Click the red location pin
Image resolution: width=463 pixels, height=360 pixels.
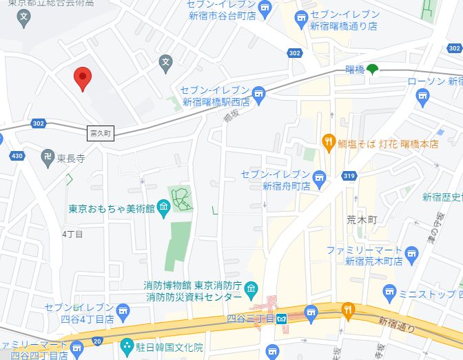(x=83, y=79)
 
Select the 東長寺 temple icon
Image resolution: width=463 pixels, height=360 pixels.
(x=48, y=157)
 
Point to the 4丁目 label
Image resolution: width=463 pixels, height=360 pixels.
(x=72, y=234)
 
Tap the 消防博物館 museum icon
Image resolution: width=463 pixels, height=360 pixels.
(x=252, y=288)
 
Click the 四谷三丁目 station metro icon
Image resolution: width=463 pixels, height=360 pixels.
(x=281, y=319)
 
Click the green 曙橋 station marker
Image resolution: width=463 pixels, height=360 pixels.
(x=372, y=69)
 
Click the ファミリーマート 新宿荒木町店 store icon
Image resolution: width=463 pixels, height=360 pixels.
(x=412, y=253)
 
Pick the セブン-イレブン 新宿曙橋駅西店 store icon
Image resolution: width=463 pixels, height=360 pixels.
(x=258, y=94)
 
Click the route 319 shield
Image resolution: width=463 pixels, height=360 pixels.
(x=349, y=177)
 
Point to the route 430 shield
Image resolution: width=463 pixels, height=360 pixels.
(x=17, y=156)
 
